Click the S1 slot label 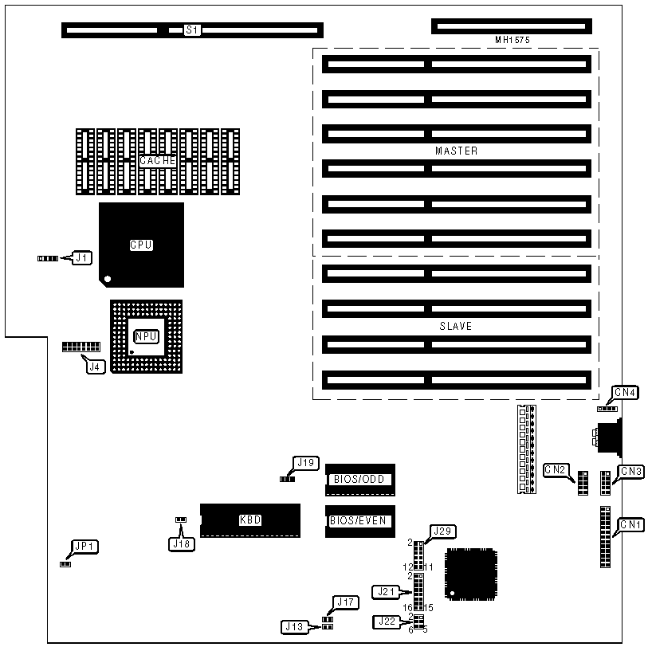[192, 30]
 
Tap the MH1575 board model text [512, 39]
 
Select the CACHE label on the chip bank [157, 160]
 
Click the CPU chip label [141, 245]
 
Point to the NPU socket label [145, 336]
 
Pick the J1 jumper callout [83, 257]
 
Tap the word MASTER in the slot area [457, 151]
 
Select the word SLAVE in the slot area [456, 326]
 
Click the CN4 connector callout [624, 392]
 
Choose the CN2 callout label [556, 470]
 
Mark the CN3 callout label [631, 472]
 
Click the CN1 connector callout [631, 524]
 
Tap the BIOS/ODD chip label [359, 480]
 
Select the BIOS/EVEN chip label [358, 520]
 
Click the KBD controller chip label [250, 520]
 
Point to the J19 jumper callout [306, 462]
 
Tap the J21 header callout [385, 591]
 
